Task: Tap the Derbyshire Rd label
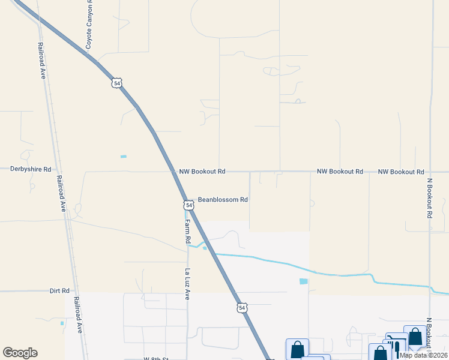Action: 31,169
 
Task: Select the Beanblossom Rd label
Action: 223,199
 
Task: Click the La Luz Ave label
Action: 187,284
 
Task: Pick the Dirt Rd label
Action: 60,290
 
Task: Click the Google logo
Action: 20,353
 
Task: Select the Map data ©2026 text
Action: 423,355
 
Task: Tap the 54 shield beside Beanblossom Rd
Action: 189,205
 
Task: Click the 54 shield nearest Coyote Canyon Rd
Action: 116,83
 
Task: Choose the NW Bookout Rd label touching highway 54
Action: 202,172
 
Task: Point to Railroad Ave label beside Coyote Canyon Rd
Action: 42,61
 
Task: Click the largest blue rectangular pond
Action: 303,281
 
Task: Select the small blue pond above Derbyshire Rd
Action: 124,157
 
